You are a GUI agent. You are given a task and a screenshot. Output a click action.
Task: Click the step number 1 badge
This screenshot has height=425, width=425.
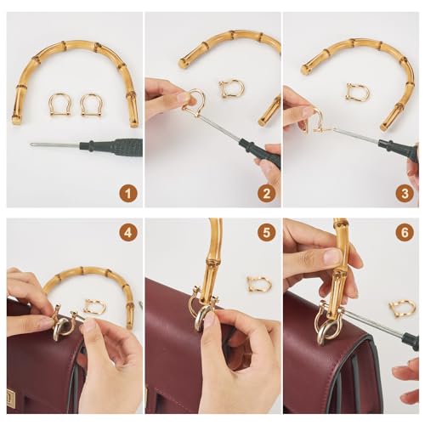(127, 193)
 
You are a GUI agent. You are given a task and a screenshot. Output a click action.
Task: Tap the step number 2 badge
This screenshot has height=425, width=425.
(267, 193)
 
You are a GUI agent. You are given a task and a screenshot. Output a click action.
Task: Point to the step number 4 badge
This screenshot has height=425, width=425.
(127, 231)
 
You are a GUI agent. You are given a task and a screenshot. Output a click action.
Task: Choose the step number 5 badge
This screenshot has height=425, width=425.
(267, 231)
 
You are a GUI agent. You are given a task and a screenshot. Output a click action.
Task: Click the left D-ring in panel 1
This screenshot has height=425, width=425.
(59, 105)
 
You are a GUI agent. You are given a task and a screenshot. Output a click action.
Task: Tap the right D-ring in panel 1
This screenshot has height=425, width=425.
(91, 105)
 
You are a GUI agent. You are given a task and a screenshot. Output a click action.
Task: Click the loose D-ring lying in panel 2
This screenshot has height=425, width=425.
(230, 88)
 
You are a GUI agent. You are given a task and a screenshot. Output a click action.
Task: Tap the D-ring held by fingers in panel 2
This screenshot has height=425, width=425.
(195, 104)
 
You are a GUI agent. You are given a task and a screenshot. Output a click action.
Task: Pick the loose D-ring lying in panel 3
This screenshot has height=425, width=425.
(356, 92)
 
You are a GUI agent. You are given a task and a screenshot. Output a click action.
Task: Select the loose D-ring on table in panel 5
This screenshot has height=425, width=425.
(259, 284)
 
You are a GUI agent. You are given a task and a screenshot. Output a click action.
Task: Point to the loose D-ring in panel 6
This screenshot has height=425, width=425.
(402, 308)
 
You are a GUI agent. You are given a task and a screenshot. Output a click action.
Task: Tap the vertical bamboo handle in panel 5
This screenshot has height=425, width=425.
(210, 255)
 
